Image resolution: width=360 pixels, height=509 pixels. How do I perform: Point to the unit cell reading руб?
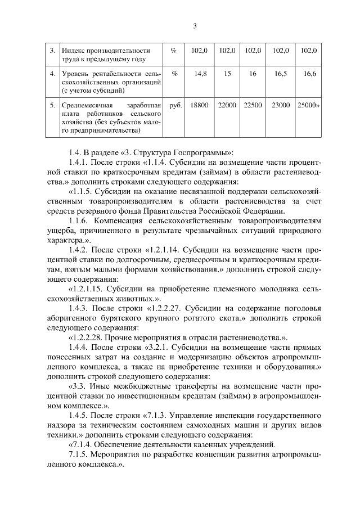(175, 105)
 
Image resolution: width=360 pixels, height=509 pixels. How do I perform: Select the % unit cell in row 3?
(174, 51)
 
